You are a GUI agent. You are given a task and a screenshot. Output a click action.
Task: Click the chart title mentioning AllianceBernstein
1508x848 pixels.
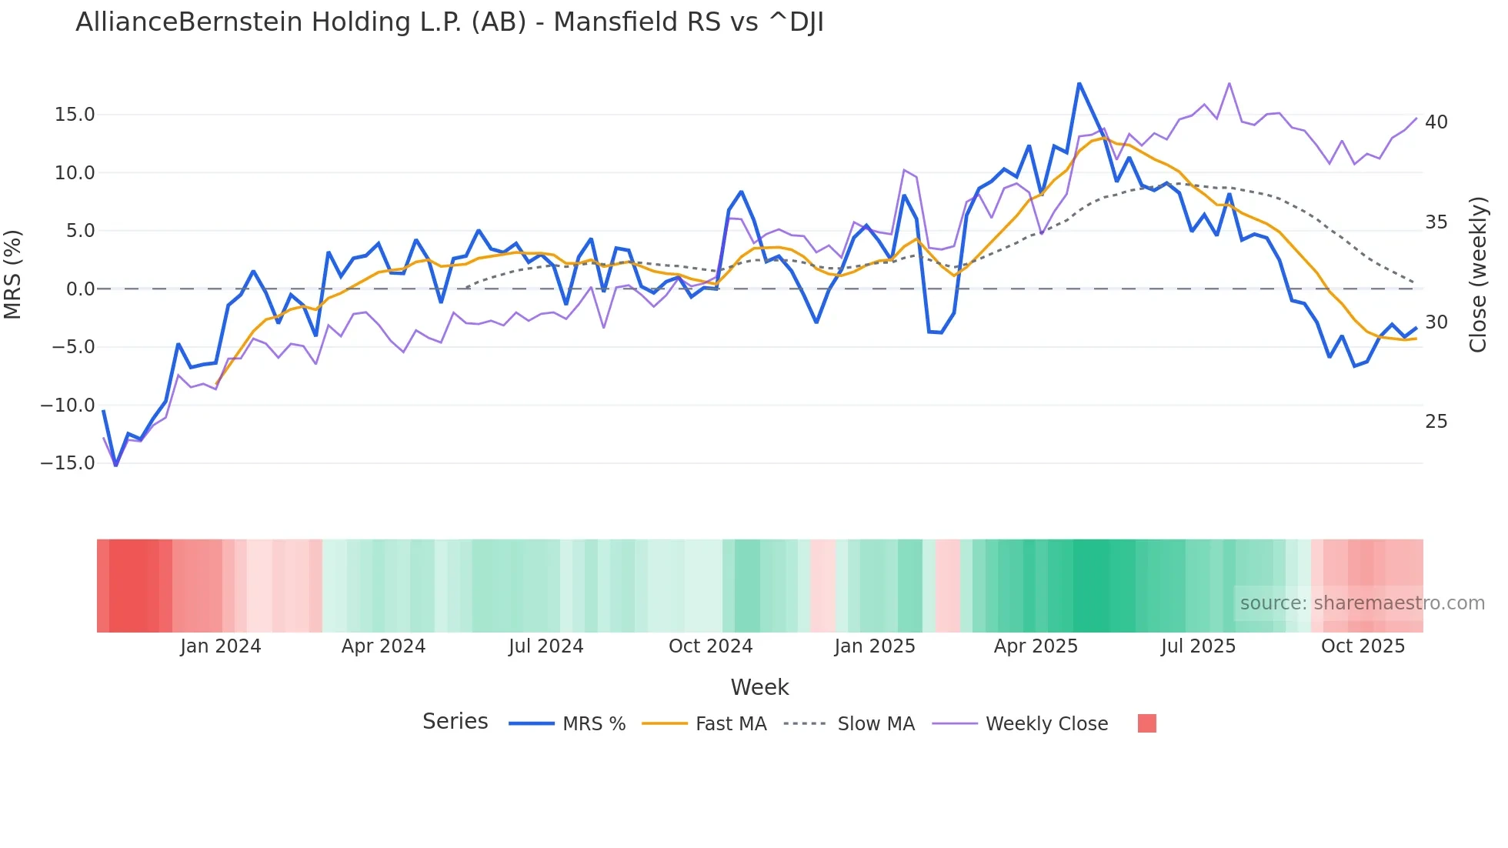(449, 22)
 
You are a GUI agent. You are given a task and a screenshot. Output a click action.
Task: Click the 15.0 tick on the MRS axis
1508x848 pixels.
(75, 115)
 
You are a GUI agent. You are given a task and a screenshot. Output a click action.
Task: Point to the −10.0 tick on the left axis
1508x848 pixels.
(68, 405)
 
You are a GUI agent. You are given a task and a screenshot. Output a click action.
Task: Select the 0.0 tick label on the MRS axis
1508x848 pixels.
(80, 289)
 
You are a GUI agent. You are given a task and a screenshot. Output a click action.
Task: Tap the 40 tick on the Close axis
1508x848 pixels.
(1436, 122)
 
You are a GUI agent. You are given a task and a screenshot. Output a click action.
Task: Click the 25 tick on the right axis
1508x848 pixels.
(1436, 422)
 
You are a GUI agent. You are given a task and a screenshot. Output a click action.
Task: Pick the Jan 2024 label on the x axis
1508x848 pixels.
(221, 646)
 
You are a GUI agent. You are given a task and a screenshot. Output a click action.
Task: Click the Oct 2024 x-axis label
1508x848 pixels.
(710, 646)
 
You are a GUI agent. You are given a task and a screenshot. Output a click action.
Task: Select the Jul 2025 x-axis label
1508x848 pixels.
(1198, 646)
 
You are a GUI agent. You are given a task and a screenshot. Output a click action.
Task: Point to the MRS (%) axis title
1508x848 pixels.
(13, 275)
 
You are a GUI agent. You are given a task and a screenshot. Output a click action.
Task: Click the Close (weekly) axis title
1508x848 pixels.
(1478, 275)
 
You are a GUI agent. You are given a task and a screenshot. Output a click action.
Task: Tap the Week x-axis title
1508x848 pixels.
(759, 687)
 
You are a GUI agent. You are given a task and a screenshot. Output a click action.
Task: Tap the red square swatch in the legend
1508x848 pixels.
(1146, 723)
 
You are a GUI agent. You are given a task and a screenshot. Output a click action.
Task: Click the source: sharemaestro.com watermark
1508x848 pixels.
(1362, 603)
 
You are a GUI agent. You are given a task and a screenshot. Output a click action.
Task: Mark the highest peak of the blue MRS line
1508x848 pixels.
(1079, 83)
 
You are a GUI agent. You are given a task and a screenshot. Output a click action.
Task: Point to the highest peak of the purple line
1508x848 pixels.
(1229, 83)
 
